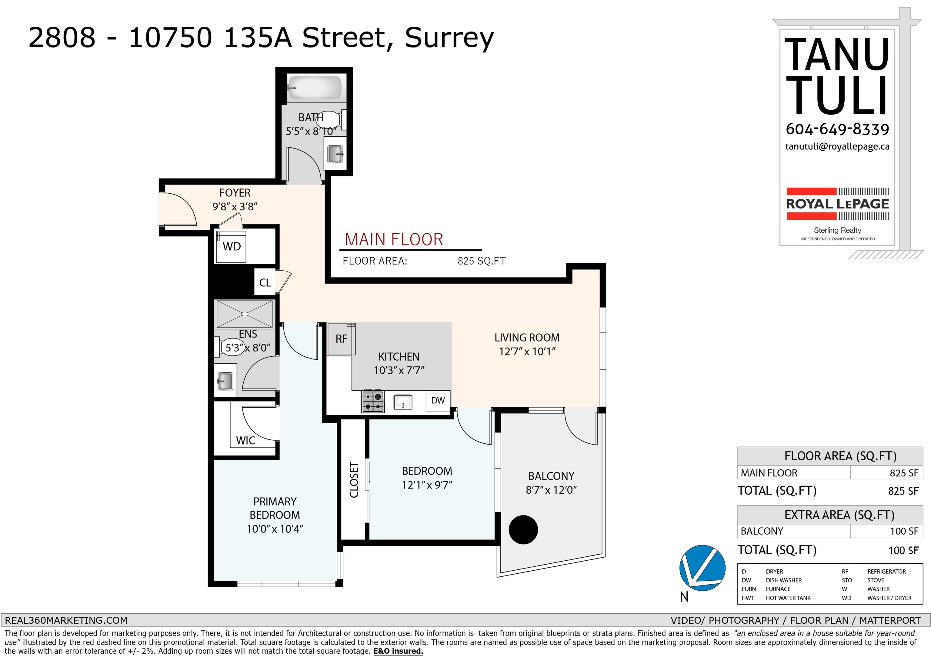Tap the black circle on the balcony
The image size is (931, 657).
[523, 530]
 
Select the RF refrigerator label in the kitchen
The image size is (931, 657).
[342, 339]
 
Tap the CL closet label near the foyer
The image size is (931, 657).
[265, 283]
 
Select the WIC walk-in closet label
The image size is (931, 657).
[246, 440]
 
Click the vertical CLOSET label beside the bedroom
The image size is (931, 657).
[354, 480]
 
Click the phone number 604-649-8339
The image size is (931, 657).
[837, 129]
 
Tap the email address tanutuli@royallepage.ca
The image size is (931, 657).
[837, 146]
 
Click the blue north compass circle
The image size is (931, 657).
[702, 568]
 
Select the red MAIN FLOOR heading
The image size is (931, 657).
[394, 240]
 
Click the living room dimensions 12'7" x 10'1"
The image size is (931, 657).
[527, 352]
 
